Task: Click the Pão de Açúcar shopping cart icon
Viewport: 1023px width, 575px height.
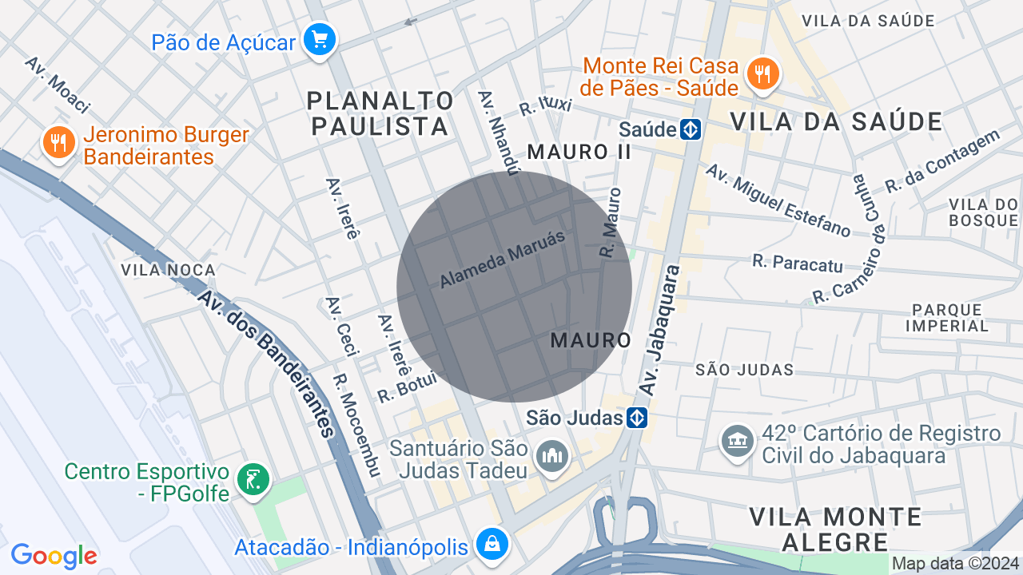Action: click(320, 39)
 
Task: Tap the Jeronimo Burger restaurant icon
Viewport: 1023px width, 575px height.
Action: click(58, 143)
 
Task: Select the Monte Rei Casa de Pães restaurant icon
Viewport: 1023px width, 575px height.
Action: click(762, 73)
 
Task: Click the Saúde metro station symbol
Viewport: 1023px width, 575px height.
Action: click(691, 129)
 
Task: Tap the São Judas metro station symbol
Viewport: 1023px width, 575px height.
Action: click(636, 418)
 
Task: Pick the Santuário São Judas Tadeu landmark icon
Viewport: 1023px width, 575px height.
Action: click(552, 457)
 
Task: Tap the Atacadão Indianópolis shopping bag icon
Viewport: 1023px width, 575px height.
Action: click(493, 545)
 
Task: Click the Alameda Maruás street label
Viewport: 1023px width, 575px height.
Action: click(503, 259)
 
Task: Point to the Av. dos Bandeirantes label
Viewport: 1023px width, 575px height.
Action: click(266, 363)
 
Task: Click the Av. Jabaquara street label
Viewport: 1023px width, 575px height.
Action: click(659, 329)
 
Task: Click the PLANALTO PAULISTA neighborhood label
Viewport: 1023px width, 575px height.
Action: click(380, 113)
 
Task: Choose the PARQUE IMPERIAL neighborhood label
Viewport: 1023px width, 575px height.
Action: click(947, 317)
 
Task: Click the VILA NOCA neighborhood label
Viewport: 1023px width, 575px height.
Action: click(169, 270)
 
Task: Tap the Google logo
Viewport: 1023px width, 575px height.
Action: click(54, 556)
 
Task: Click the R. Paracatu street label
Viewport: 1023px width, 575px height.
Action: click(798, 261)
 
